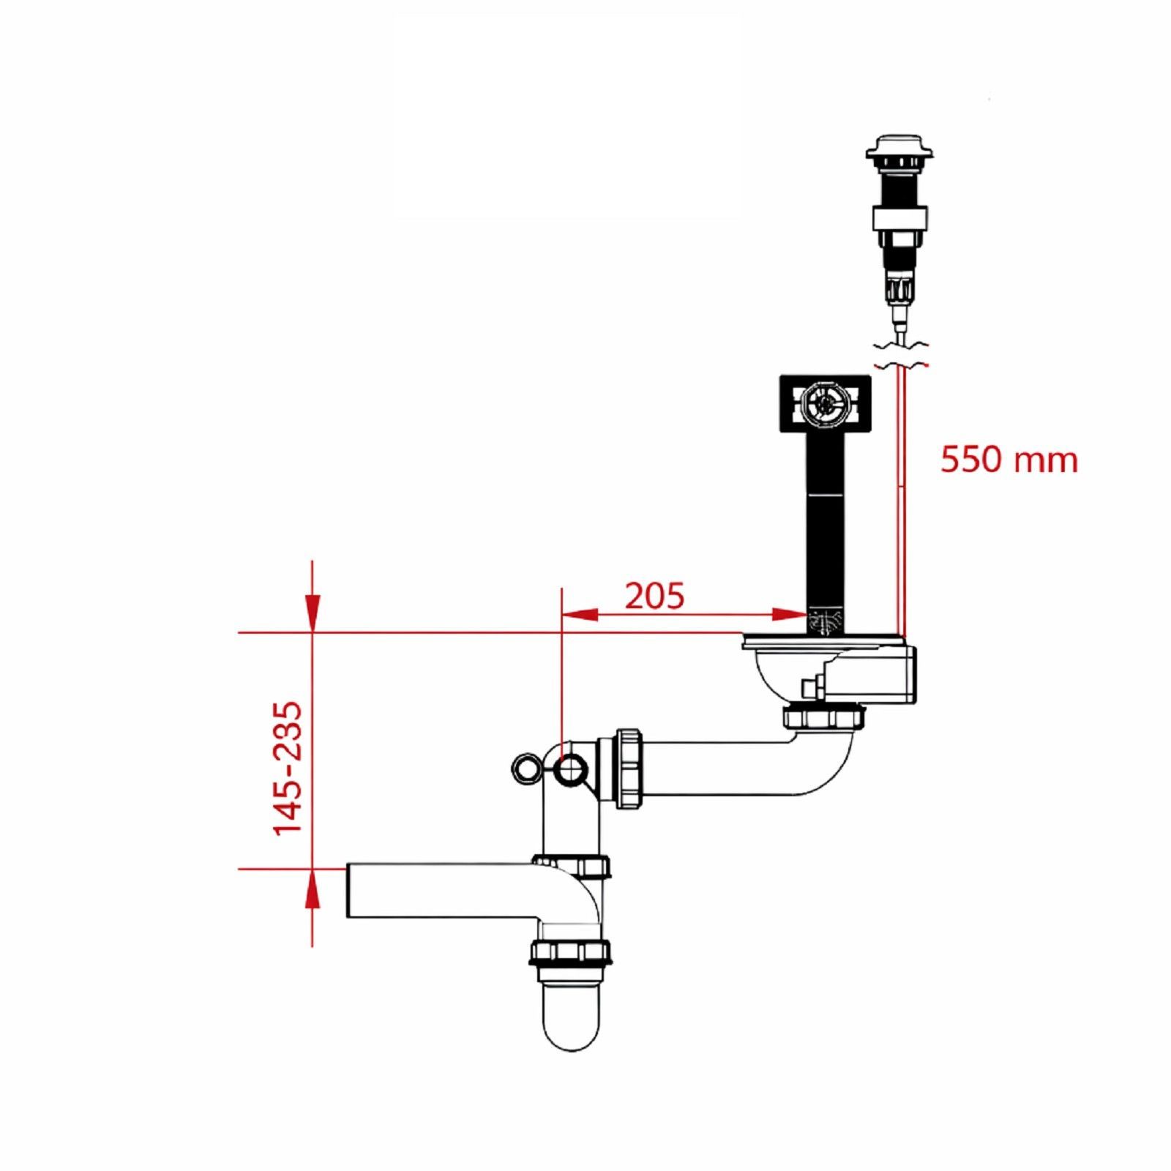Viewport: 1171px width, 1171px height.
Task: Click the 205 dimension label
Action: tap(654, 596)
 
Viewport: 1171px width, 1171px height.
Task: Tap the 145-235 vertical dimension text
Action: tap(287, 768)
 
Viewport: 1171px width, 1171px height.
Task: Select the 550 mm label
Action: tap(1009, 460)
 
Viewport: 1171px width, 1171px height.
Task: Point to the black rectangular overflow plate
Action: tap(826, 403)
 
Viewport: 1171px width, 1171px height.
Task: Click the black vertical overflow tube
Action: tap(826, 523)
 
